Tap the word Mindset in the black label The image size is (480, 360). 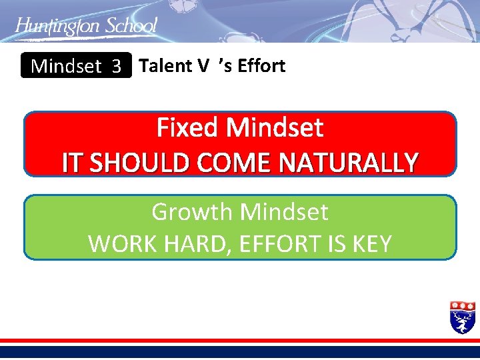(66, 66)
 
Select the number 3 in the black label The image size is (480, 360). (117, 66)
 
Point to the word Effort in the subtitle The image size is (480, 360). (263, 65)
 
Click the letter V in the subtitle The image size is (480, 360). (203, 65)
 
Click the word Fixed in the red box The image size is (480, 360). (189, 127)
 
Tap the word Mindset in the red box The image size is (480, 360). (275, 127)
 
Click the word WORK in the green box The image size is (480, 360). (119, 244)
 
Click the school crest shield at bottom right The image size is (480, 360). (463, 317)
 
